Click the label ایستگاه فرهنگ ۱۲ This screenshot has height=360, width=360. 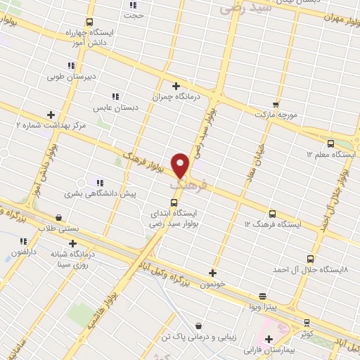point(272,224)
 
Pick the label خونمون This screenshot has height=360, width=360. point(212,284)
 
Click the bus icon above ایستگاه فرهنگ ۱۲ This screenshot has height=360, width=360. point(272,214)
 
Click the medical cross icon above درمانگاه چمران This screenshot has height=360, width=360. point(176,86)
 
